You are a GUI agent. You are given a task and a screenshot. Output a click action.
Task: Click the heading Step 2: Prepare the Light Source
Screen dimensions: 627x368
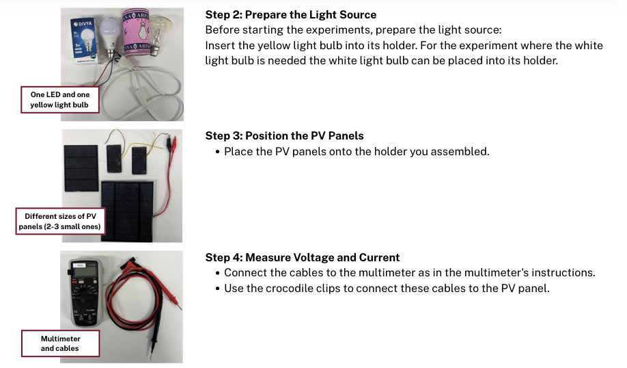pyautogui.click(x=291, y=15)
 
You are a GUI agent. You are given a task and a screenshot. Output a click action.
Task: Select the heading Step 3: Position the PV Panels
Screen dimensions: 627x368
pyautogui.click(x=284, y=135)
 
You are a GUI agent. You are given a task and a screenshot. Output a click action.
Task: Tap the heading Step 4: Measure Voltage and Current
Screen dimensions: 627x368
pyautogui.click(x=303, y=257)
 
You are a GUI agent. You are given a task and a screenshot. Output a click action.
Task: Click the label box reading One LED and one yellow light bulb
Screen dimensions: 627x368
pyautogui.click(x=60, y=100)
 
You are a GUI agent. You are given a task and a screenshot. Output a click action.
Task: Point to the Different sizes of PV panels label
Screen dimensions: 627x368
pyautogui.click(x=60, y=222)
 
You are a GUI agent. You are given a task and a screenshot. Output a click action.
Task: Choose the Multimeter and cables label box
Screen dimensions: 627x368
pyautogui.click(x=60, y=343)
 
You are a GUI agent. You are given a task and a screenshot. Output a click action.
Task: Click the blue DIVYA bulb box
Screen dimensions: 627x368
pyautogui.click(x=84, y=41)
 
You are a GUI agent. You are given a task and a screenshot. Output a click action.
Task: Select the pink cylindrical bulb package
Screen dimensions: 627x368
pyautogui.click(x=136, y=32)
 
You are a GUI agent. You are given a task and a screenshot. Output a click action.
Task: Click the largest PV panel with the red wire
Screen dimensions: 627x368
pyautogui.click(x=127, y=211)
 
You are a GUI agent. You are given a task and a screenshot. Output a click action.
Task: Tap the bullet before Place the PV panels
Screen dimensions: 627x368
pyautogui.click(x=217, y=152)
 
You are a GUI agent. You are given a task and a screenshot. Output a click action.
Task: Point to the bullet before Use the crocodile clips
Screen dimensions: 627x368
pyautogui.click(x=217, y=289)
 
